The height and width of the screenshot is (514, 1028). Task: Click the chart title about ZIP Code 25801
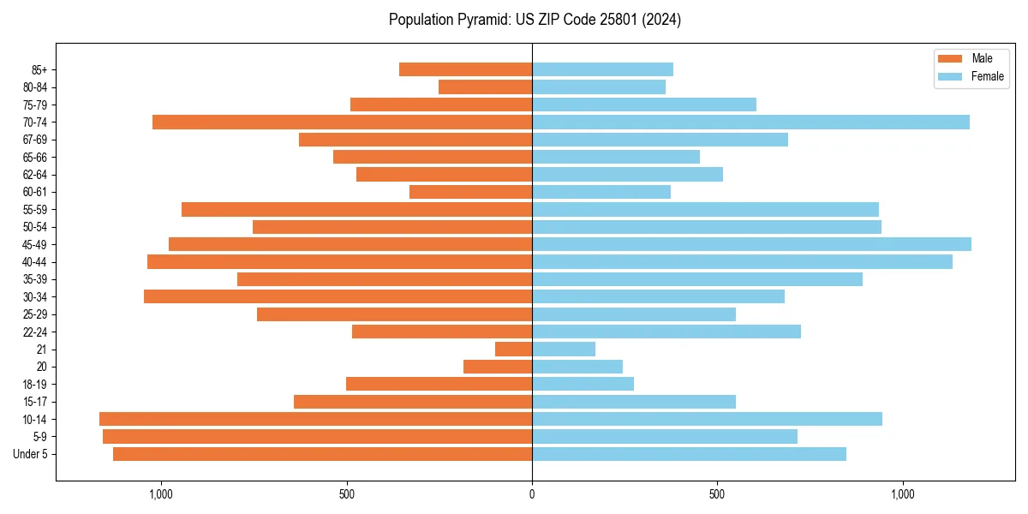[x=535, y=19]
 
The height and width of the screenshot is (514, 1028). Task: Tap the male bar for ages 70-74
[x=342, y=123]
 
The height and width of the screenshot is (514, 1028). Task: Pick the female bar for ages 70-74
[x=750, y=123]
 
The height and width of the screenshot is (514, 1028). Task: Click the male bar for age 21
[x=513, y=350]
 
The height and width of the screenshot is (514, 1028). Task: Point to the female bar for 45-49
[x=751, y=244]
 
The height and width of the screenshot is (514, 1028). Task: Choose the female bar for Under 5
[x=689, y=454]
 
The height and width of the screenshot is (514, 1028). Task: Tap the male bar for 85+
[x=465, y=69]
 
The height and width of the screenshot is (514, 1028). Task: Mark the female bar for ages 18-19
[x=583, y=384]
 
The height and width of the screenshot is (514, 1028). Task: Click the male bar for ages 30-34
[x=338, y=296]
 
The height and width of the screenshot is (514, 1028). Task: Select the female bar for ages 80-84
[x=599, y=87]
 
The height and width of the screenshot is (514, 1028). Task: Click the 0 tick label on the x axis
[x=532, y=494]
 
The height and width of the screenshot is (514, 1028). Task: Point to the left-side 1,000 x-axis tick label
[x=161, y=494]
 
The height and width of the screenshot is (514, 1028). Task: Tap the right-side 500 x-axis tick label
[x=717, y=494]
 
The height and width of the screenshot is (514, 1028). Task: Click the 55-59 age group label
[x=34, y=210]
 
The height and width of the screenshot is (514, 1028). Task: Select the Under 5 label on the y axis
[x=31, y=454]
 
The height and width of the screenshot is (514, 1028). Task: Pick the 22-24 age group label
[x=34, y=332]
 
